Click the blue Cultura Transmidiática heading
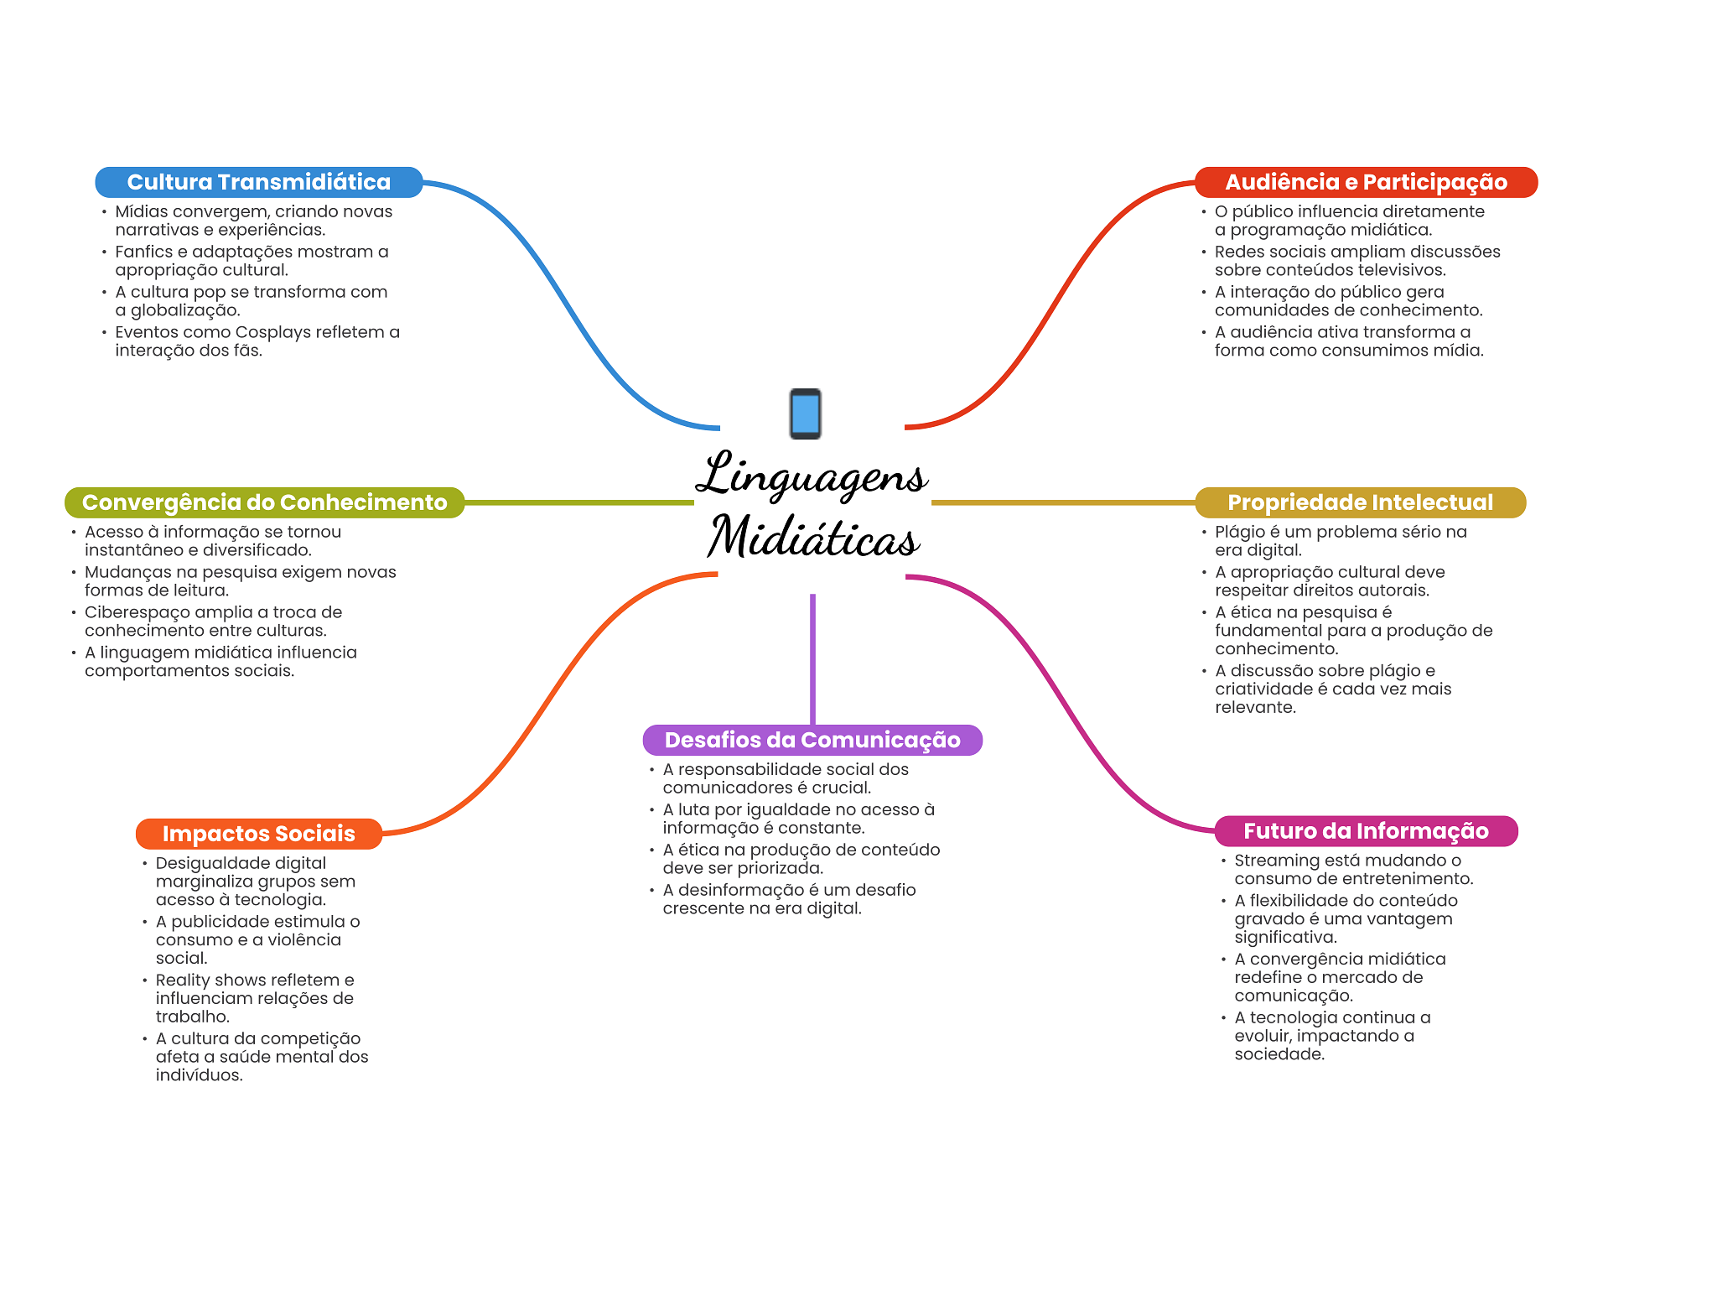click(258, 182)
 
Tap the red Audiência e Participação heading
click(1366, 182)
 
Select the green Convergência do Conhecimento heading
click(264, 502)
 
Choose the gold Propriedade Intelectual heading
click(1360, 502)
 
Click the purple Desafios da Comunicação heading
click(812, 740)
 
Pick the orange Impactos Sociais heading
click(258, 834)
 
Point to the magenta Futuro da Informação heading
click(1366, 831)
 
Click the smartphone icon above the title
click(806, 414)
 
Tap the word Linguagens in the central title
click(812, 476)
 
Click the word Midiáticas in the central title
click(813, 537)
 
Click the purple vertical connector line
click(812, 659)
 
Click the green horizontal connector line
click(579, 502)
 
